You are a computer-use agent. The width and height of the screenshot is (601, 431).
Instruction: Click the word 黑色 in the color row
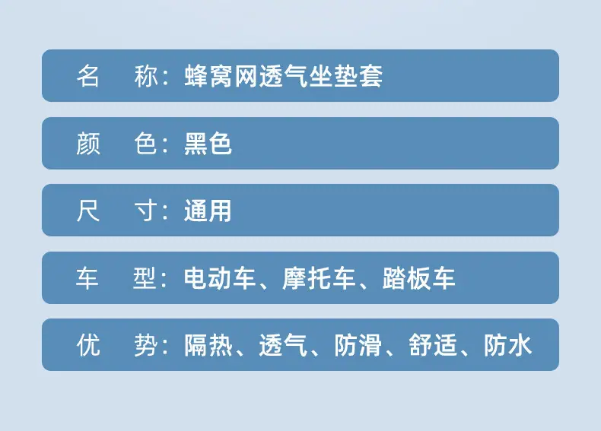pyautogui.click(x=208, y=144)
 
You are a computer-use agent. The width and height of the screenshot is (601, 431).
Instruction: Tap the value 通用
pyautogui.click(x=208, y=211)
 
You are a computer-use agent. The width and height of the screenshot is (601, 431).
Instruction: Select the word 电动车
pyautogui.click(x=220, y=277)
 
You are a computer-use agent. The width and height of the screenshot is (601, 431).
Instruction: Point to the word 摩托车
pyautogui.click(x=319, y=277)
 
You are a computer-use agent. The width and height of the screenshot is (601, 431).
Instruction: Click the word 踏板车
pyautogui.click(x=418, y=277)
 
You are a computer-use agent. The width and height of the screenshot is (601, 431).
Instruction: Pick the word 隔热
pyautogui.click(x=208, y=345)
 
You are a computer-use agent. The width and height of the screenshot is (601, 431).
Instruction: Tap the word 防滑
pyautogui.click(x=358, y=345)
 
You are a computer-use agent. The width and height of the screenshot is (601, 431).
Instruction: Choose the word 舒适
pyautogui.click(x=433, y=345)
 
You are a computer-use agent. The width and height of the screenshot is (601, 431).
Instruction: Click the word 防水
pyautogui.click(x=507, y=345)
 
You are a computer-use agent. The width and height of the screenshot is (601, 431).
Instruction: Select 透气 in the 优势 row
pyautogui.click(x=283, y=345)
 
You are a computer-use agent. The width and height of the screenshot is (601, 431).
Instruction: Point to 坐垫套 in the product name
pyautogui.click(x=345, y=76)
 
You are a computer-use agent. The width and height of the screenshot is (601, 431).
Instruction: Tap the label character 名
pyautogui.click(x=88, y=76)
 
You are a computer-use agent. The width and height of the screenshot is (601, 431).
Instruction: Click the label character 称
pyautogui.click(x=146, y=76)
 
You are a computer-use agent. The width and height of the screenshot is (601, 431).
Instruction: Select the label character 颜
pyautogui.click(x=88, y=144)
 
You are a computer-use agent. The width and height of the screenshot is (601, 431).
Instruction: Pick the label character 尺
pyautogui.click(x=88, y=211)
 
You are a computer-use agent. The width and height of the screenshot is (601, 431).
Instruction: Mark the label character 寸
pyautogui.click(x=146, y=211)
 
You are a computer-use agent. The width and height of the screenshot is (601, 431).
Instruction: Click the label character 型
pyautogui.click(x=145, y=277)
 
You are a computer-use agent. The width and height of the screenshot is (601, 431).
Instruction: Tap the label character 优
pyautogui.click(x=88, y=345)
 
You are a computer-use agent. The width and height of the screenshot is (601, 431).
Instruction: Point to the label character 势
pyautogui.click(x=146, y=345)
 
